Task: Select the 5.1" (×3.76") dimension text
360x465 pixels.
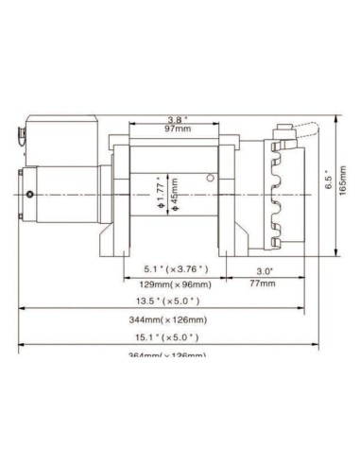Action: (x=171, y=270)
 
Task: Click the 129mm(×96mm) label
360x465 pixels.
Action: (x=171, y=283)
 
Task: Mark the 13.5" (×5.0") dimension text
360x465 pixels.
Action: (x=163, y=302)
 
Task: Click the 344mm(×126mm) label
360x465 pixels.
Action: (x=163, y=320)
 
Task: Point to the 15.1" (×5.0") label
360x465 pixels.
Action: (x=163, y=337)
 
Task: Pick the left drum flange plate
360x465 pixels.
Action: (x=120, y=194)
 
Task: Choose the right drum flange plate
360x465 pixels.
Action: (x=231, y=194)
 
